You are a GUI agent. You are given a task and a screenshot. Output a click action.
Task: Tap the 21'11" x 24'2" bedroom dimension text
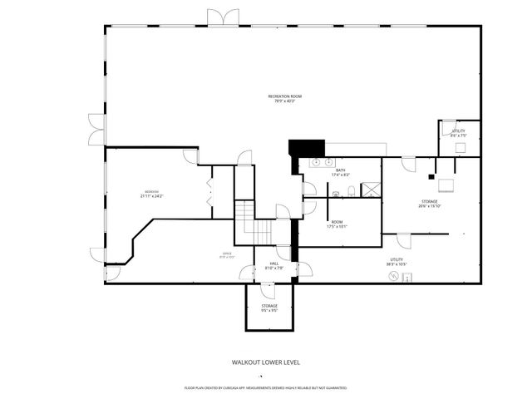click(151, 196)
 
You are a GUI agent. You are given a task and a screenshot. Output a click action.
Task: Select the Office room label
click(226, 255)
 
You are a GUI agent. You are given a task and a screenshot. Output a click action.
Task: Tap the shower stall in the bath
click(371, 190)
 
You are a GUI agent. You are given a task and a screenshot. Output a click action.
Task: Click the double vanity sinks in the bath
click(323, 162)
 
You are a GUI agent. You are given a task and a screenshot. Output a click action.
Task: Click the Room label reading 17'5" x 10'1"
click(337, 224)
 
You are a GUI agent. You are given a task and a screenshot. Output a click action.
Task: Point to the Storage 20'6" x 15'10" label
click(429, 204)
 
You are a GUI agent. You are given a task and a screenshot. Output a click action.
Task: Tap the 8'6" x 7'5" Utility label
click(459, 133)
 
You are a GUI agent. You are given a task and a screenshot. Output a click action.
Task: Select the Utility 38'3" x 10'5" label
click(397, 262)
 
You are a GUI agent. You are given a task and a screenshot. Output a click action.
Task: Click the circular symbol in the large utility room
click(394, 278)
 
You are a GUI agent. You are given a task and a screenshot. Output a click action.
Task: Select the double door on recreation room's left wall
click(96, 129)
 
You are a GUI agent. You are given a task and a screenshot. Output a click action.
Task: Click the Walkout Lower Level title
click(265, 362)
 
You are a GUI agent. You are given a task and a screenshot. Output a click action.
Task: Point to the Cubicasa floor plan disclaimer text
click(265, 387)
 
